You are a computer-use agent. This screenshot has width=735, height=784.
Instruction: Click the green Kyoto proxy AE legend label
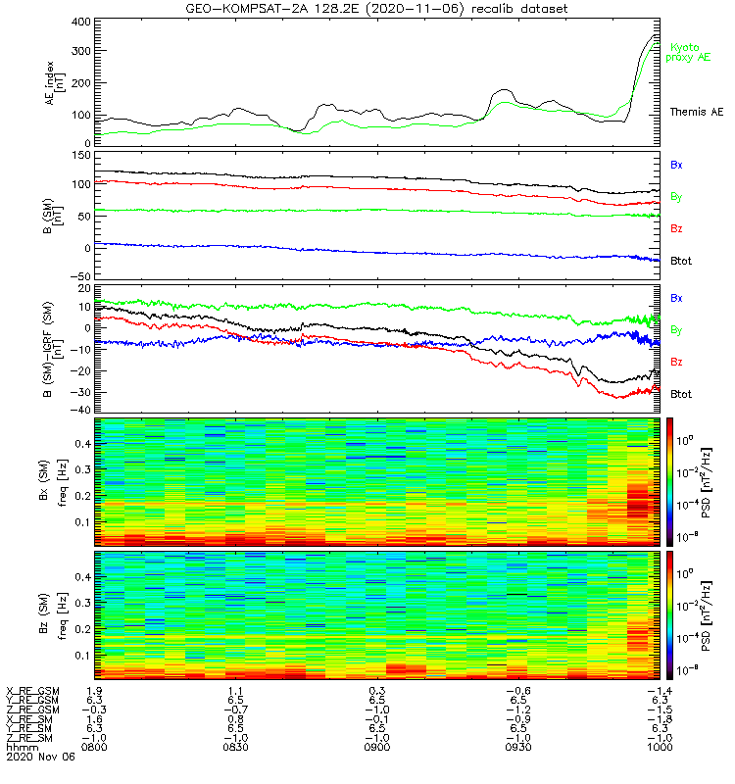tap(691, 52)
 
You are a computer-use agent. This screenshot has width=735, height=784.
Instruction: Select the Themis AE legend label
tap(695, 113)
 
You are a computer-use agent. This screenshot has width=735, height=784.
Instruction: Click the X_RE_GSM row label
tap(32, 691)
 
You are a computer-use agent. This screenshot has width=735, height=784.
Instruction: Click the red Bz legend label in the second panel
tap(676, 228)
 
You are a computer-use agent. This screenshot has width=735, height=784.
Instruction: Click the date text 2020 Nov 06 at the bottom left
tap(35, 758)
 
